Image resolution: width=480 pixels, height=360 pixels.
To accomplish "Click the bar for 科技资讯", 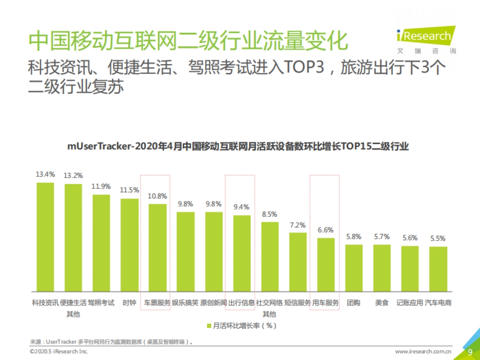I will pyautogui.click(x=45, y=237).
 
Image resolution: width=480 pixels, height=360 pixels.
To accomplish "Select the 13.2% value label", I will pyautogui.click(x=73, y=176).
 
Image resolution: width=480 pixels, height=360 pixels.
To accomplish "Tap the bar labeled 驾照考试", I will pyautogui.click(x=101, y=243).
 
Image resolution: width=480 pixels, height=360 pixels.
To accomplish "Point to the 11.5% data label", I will pyautogui.click(x=130, y=190).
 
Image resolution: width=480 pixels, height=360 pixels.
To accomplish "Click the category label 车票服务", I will pyautogui.click(x=157, y=303).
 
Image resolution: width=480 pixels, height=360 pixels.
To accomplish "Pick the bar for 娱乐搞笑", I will pyautogui.click(x=186, y=251).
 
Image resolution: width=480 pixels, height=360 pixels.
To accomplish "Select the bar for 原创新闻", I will pyautogui.click(x=214, y=251).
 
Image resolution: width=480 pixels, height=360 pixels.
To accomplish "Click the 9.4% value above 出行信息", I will pyautogui.click(x=242, y=207).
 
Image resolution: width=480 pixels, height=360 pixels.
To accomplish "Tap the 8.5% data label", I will pyautogui.click(x=270, y=214).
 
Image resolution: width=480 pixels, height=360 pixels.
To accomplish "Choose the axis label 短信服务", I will pyautogui.click(x=298, y=303).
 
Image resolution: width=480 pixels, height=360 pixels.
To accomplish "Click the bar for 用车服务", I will pyautogui.click(x=326, y=264).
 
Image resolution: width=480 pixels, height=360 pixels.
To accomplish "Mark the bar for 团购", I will pyautogui.click(x=354, y=268).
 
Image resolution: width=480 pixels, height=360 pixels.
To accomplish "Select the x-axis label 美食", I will pyautogui.click(x=382, y=303).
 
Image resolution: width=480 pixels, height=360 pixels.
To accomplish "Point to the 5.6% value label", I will pyautogui.click(x=410, y=238).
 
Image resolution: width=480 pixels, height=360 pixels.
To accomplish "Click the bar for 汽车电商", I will pyautogui.click(x=438, y=269).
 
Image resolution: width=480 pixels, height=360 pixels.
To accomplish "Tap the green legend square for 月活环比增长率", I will pyautogui.click(x=209, y=326).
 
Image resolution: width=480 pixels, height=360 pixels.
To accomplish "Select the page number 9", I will pyautogui.click(x=470, y=352).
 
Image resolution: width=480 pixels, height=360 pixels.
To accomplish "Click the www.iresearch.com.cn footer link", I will pyautogui.click(x=423, y=352).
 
